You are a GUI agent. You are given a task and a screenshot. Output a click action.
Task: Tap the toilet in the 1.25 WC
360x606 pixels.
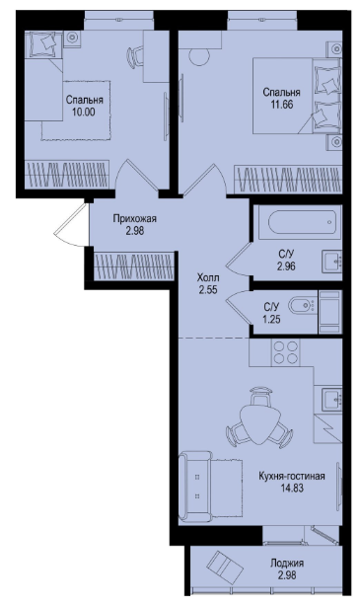[x=302, y=306]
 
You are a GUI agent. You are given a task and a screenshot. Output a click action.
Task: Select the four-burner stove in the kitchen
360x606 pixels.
[x=285, y=351]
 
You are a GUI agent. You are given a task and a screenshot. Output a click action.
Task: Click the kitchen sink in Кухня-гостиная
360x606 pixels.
[x=332, y=399]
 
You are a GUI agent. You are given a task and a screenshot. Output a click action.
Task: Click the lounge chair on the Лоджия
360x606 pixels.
[x=223, y=566]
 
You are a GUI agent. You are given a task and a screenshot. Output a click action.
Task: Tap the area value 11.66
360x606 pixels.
[x=282, y=105]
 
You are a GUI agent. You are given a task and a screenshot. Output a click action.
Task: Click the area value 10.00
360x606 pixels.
[x=84, y=113]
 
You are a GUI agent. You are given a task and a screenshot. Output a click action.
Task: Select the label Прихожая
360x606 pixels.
[x=135, y=219]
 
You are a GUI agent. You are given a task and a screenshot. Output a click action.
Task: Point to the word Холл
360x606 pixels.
[x=208, y=277]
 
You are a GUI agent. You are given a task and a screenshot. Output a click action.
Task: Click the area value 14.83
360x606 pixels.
[x=292, y=489]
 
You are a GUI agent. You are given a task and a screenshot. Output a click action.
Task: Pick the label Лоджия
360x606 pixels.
[x=287, y=564]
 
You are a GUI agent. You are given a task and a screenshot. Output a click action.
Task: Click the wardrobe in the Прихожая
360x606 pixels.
[x=134, y=265]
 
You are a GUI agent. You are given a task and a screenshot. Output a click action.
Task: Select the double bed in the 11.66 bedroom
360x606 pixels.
[x=298, y=96]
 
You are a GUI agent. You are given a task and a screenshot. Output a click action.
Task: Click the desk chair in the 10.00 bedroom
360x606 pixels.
[x=134, y=56]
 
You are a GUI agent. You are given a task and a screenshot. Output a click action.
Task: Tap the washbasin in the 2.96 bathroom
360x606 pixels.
[x=331, y=262]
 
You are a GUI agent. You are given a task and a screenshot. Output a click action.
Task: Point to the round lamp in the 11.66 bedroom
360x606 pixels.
[x=199, y=57]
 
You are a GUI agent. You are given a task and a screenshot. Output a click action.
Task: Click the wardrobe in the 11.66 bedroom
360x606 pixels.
[x=288, y=179]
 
